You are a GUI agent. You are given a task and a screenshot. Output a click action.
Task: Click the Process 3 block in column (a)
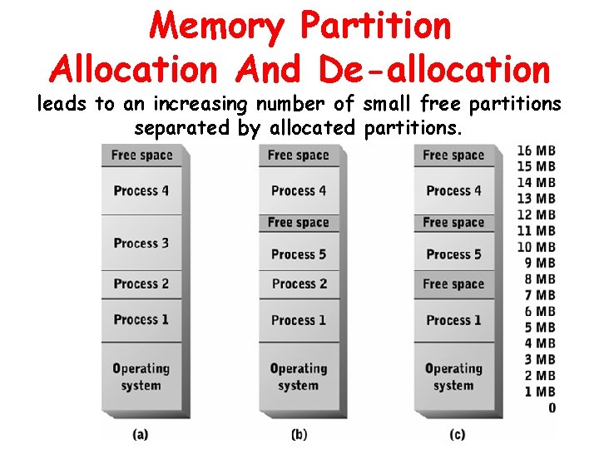tap(141, 243)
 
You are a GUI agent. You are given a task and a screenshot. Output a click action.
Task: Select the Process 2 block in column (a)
tap(141, 284)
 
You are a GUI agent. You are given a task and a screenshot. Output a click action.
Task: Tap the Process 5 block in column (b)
tap(299, 254)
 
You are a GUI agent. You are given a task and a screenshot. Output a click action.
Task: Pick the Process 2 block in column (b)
tap(299, 284)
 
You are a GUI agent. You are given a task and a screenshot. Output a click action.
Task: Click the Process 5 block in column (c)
tap(453, 254)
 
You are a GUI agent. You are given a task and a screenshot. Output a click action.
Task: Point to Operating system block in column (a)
tap(141, 377)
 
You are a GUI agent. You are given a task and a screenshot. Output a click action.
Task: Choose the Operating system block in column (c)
tap(453, 377)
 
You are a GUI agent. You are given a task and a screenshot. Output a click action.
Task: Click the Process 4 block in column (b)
tap(299, 190)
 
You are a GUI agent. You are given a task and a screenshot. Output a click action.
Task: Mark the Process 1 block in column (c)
tap(453, 320)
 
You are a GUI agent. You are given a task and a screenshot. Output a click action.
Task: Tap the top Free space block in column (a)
tap(141, 155)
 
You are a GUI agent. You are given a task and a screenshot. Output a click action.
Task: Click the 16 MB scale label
tap(536, 150)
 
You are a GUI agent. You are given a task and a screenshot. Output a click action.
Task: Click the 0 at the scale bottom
tap(552, 407)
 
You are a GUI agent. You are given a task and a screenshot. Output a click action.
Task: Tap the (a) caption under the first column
tap(141, 432)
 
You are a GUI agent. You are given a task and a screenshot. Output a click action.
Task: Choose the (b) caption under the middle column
tap(299, 432)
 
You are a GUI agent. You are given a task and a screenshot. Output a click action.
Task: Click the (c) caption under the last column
tap(457, 432)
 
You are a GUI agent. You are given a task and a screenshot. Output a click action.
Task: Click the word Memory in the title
tap(218, 28)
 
